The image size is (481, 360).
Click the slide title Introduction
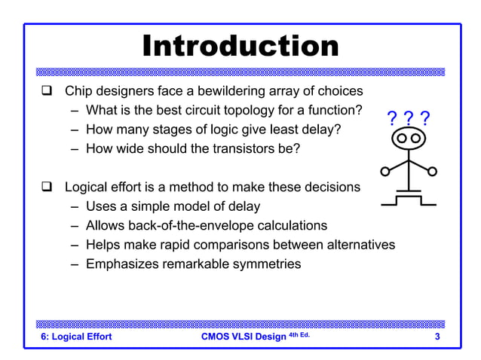pos(240,47)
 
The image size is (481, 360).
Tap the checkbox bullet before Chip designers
pos(46,92)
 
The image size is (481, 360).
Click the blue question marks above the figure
pos(408,118)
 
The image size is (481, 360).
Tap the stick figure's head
pos(409,139)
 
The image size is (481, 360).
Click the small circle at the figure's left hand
pos(384,172)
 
